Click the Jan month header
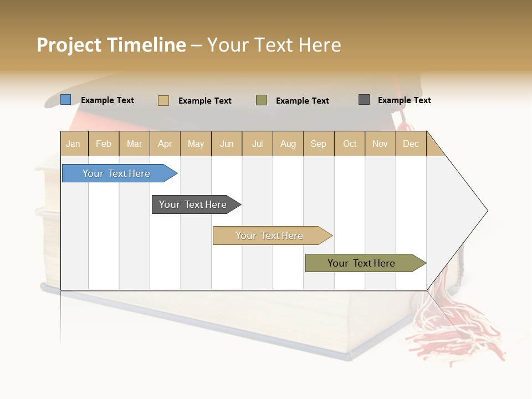coord(74,144)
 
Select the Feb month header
coord(104,144)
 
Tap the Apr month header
coord(165,144)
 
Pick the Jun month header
coord(227,144)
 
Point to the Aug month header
coord(288,144)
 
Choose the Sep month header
coord(318,144)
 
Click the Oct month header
coord(350,144)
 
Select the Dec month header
coord(411,144)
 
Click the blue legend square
coord(66,100)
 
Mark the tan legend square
coord(163,100)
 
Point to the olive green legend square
coord(262,100)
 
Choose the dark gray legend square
coord(364,100)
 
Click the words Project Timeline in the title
coord(111,45)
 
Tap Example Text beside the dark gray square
coord(404,100)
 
